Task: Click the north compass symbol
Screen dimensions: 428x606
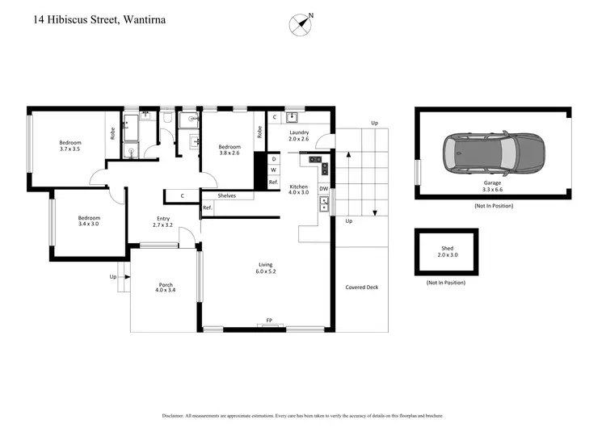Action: (301, 25)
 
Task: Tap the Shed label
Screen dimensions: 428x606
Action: (447, 249)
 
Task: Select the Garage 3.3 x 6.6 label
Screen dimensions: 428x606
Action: (493, 187)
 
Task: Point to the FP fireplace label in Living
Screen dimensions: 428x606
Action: (269, 321)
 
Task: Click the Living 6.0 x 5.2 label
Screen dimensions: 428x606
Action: (266, 268)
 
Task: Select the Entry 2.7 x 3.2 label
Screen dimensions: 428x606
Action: (163, 220)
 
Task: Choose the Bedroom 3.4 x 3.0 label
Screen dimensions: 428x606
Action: (89, 220)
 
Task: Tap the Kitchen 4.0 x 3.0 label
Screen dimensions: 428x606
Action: (299, 189)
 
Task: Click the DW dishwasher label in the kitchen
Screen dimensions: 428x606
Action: (323, 189)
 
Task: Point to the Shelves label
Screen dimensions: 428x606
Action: (226, 195)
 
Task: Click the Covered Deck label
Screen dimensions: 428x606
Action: (361, 287)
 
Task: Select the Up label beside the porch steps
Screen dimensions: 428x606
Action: (112, 277)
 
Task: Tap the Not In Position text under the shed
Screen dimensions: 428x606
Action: (446, 283)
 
